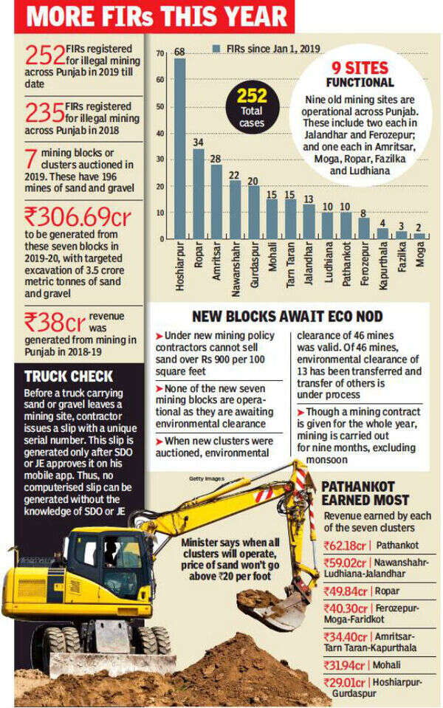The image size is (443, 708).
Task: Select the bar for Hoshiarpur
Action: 179,148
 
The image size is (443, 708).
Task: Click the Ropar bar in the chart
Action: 198,193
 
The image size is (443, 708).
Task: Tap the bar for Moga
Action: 419,236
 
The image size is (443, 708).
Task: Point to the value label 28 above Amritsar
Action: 216,159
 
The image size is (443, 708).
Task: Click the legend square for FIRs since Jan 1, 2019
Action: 218,49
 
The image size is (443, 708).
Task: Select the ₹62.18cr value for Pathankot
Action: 346,546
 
